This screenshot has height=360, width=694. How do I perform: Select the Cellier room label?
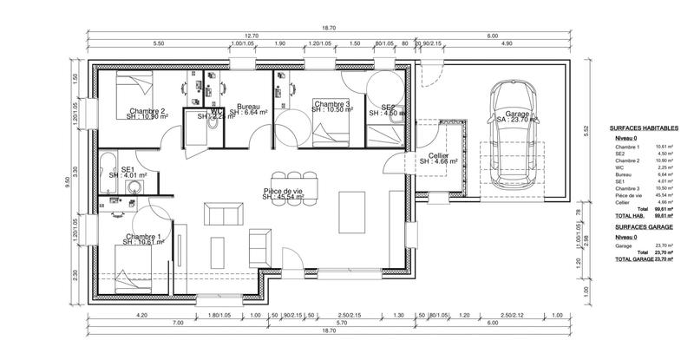click(437, 157)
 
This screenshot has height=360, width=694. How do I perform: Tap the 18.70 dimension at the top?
click(329, 26)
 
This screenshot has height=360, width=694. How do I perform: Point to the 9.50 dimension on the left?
click(66, 181)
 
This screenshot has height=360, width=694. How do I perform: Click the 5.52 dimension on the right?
click(586, 131)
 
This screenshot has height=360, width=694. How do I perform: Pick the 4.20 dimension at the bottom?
click(143, 316)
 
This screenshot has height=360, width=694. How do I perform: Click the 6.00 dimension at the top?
click(492, 35)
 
